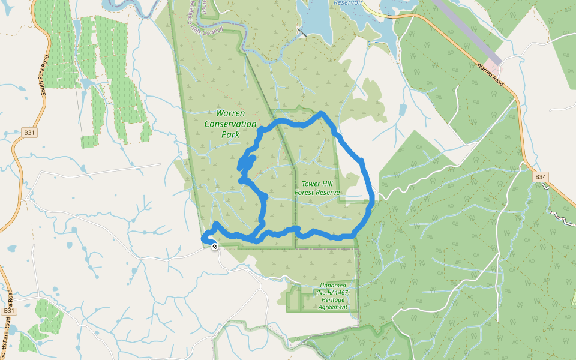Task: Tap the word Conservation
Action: click(x=230, y=124)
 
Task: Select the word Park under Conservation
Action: click(x=230, y=134)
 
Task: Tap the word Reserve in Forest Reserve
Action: click(x=329, y=193)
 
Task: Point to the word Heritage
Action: click(x=333, y=300)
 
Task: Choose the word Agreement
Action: click(x=333, y=307)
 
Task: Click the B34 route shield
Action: click(x=541, y=177)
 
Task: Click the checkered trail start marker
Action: click(x=215, y=246)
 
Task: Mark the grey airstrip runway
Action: click(x=462, y=27)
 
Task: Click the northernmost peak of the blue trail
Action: click(x=322, y=113)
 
